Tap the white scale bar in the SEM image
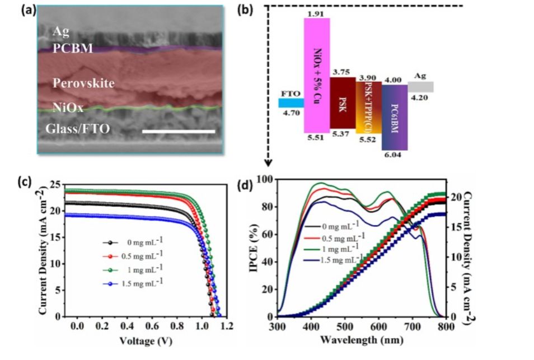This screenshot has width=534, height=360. coord(179,132)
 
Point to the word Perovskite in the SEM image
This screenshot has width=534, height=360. coord(83,83)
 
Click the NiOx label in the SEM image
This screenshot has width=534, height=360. coord(68,108)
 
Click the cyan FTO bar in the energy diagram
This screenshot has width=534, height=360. coord(291,102)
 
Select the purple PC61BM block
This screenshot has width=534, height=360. coord(395,117)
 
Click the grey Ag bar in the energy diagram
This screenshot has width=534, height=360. coord(420,87)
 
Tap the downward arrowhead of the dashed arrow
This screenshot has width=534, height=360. coord(268,163)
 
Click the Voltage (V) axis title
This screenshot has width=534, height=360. coord(145,340)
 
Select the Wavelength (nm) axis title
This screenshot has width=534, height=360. coord(361,339)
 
